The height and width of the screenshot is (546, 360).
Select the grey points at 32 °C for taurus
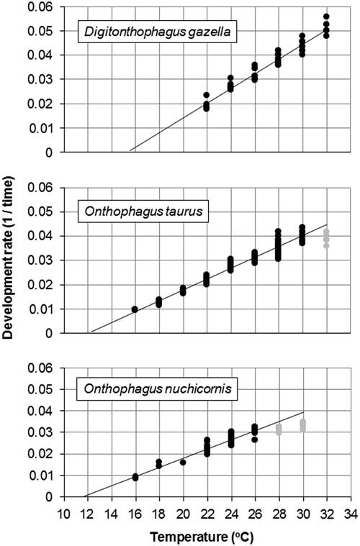pyautogui.click(x=326, y=238)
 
